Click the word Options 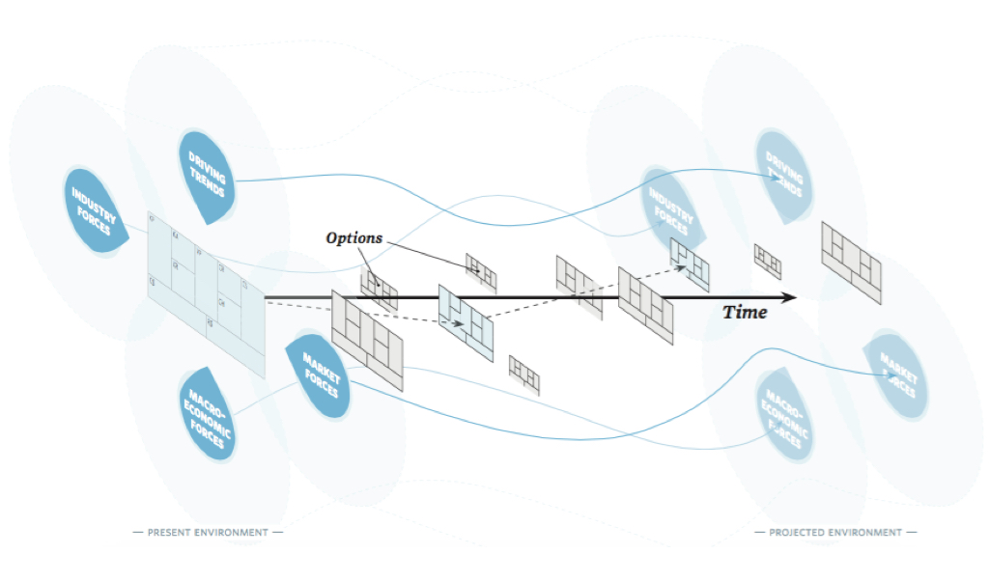click(x=353, y=237)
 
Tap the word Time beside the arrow click(x=746, y=312)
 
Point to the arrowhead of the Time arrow click(x=790, y=297)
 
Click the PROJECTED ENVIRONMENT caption click(x=835, y=532)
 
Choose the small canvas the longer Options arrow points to click(x=481, y=272)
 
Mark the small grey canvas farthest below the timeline click(x=524, y=374)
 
